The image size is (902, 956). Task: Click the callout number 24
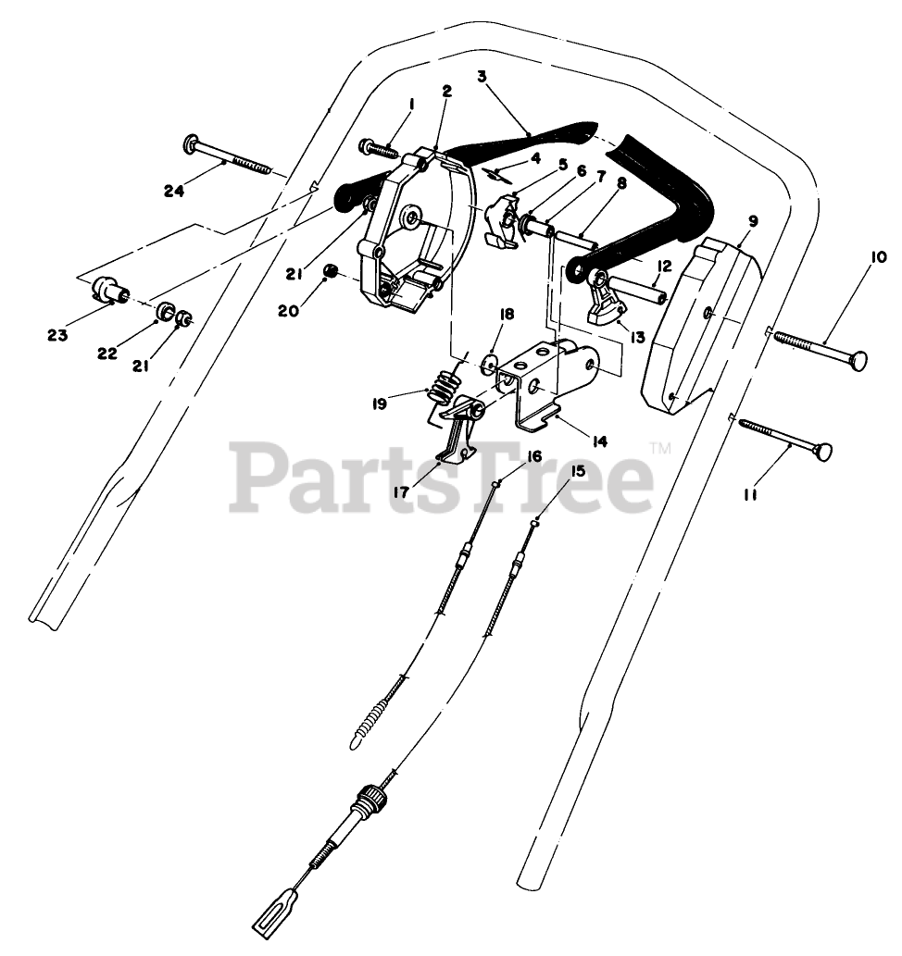[173, 192]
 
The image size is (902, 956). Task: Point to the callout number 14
[599, 441]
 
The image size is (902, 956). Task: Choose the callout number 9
[752, 221]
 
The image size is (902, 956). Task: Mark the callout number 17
[401, 493]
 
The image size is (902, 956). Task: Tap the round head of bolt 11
[821, 453]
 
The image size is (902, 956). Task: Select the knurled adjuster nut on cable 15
[371, 797]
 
